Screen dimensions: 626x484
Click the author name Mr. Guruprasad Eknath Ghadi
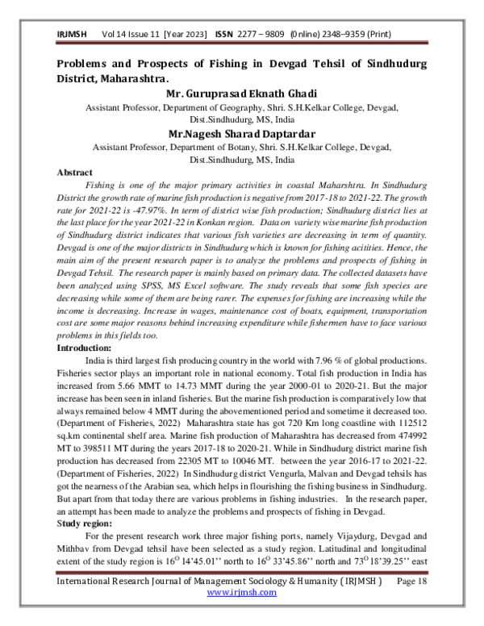[x=241, y=93]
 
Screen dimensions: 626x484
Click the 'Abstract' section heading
[x=74, y=172]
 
